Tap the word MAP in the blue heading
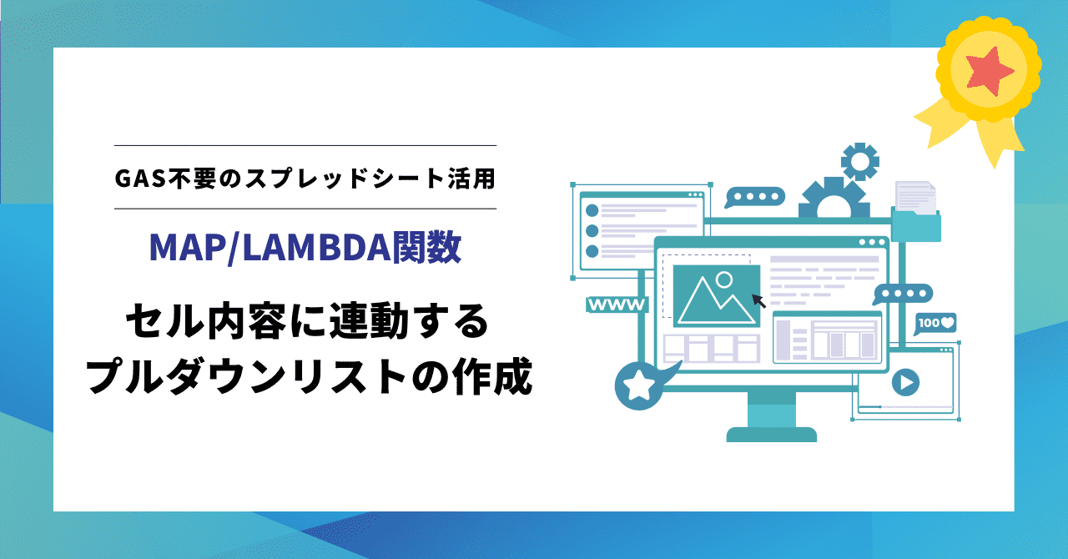[188, 248]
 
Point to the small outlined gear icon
[860, 162]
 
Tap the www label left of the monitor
[617, 305]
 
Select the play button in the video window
[905, 382]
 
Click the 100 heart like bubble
[935, 324]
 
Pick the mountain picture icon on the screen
[716, 296]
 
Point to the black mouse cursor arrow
[758, 301]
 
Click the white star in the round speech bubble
[639, 385]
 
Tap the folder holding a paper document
[916, 212]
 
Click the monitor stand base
[772, 435]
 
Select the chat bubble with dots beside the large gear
[755, 197]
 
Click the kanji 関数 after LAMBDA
[426, 248]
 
